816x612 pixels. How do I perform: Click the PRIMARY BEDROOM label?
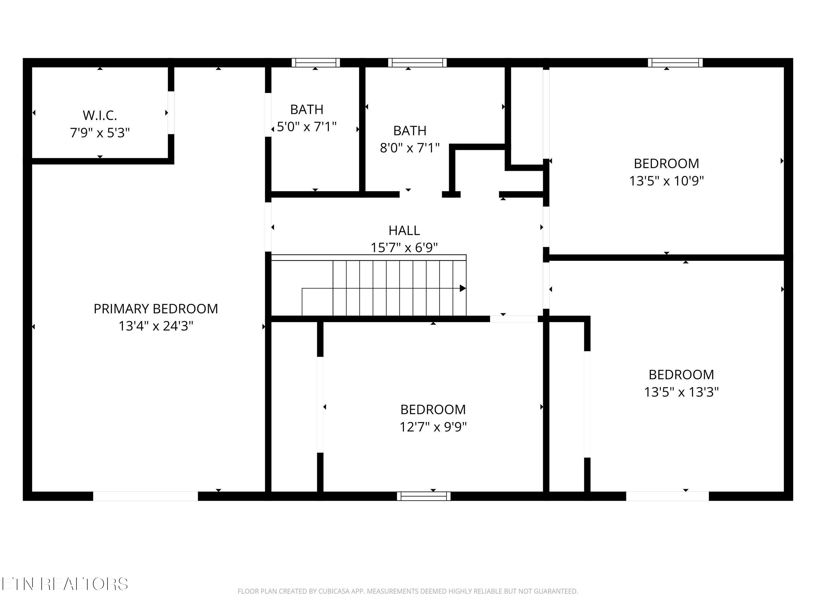(156, 309)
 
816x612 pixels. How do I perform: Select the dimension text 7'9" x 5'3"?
(100, 133)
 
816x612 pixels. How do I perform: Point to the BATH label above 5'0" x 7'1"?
(307, 110)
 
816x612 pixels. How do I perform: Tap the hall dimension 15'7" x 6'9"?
(404, 248)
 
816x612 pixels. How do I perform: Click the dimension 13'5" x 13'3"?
(681, 392)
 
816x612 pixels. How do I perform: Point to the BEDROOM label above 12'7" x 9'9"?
(433, 409)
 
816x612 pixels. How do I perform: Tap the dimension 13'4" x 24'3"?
(156, 326)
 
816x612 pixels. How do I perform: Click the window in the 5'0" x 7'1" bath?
(316, 63)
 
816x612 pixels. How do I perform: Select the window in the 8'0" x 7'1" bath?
(417, 63)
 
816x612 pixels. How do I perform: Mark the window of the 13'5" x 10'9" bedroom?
(675, 63)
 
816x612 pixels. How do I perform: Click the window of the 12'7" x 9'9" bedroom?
(424, 496)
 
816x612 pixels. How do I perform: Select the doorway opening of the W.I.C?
(171, 113)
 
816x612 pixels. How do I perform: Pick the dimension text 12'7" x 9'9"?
(433, 427)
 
